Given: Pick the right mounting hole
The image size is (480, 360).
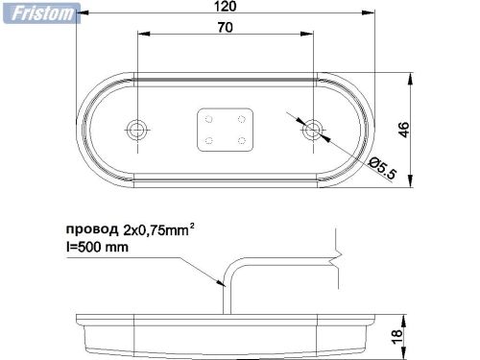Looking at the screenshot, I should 312,128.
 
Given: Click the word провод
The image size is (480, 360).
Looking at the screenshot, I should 92,231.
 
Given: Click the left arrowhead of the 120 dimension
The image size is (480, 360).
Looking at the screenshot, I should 80,15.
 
